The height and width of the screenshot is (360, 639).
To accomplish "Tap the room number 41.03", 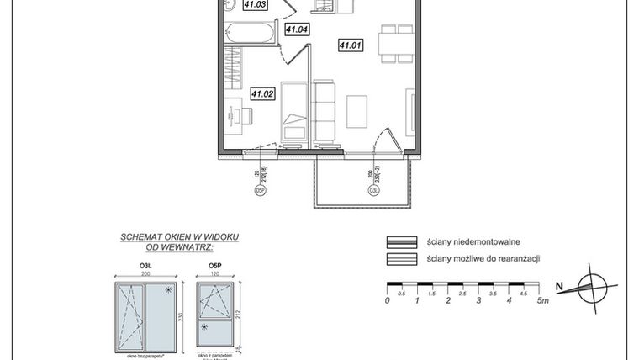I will (255, 5).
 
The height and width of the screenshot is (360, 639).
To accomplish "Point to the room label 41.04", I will (297, 30).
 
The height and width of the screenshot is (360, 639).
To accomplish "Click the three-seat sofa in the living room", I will (323, 109).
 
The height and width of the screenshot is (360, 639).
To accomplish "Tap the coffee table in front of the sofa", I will (357, 110).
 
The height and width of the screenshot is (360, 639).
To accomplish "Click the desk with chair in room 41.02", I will (234, 114).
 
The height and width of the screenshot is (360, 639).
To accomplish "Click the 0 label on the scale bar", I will (387, 300).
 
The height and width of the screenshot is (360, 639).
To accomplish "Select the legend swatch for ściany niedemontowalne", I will (400, 241).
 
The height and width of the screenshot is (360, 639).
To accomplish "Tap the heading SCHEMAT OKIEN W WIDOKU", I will (168, 237).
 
